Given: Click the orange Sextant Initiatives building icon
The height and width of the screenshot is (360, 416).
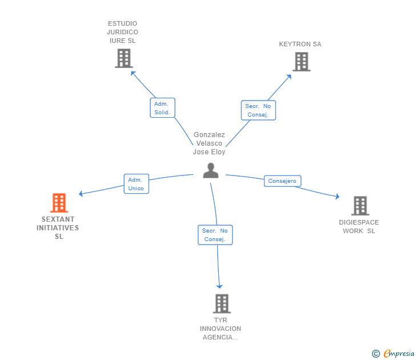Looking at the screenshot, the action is [59, 203].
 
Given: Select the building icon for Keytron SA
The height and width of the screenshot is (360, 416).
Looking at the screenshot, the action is [301, 62].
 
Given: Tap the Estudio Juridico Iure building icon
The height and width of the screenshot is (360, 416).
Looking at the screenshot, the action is [124, 58].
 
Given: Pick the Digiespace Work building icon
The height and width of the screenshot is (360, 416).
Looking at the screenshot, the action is [360, 206].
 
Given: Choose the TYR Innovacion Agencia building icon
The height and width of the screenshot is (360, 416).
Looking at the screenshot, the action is [222, 303].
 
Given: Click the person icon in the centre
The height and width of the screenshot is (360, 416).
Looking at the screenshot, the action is [211, 171].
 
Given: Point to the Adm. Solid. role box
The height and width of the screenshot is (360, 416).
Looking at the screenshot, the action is [162, 107].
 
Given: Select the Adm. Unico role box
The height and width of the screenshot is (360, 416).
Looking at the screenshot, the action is [137, 184].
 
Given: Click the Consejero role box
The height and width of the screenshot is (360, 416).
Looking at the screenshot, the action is [282, 181].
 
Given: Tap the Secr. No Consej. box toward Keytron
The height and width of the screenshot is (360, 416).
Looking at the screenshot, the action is [258, 110].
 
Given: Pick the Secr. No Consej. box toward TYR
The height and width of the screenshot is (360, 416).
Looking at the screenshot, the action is [215, 235].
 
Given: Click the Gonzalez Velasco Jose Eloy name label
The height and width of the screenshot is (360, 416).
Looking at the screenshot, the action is [209, 143].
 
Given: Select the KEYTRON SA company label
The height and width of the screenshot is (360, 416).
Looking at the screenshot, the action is [300, 44].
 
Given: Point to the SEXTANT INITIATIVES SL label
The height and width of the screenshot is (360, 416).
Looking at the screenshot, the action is [58, 227].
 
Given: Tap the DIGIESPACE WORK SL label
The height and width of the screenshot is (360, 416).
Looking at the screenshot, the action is [359, 226].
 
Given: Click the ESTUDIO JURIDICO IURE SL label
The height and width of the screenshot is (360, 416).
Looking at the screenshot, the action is [122, 32].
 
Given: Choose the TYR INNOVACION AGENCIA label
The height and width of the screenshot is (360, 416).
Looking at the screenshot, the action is [221, 329].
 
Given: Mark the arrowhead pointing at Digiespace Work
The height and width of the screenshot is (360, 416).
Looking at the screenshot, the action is [338, 197].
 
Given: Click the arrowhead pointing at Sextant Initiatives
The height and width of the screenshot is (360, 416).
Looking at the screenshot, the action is [81, 194].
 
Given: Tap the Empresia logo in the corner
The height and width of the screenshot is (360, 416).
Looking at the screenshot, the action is [393, 353].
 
